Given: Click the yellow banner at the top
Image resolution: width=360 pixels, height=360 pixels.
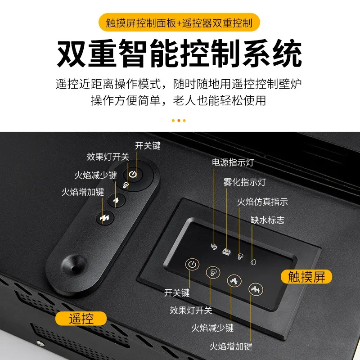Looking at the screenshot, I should [x=180, y=22].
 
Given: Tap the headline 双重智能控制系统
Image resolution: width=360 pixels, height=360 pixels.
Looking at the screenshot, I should [x=180, y=54].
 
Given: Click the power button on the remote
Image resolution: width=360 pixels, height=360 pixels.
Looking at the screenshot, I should [x=133, y=174].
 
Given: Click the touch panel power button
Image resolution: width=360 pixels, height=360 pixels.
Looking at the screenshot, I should [x=192, y=264].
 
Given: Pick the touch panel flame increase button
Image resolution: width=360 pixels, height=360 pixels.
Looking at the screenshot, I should [x=254, y=288].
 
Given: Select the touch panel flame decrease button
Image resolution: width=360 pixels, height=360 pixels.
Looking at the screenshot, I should [x=233, y=280].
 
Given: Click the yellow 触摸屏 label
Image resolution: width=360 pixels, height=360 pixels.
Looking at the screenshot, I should [x=306, y=276].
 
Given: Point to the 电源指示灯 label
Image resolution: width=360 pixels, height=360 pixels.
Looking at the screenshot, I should [x=236, y=162].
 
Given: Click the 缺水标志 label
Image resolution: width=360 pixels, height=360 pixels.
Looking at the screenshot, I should [x=267, y=220].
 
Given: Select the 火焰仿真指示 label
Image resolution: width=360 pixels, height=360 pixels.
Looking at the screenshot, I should [x=262, y=202].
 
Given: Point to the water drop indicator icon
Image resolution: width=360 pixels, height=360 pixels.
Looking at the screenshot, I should [x=252, y=261].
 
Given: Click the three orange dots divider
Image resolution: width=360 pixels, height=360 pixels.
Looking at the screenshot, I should [x=179, y=120].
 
